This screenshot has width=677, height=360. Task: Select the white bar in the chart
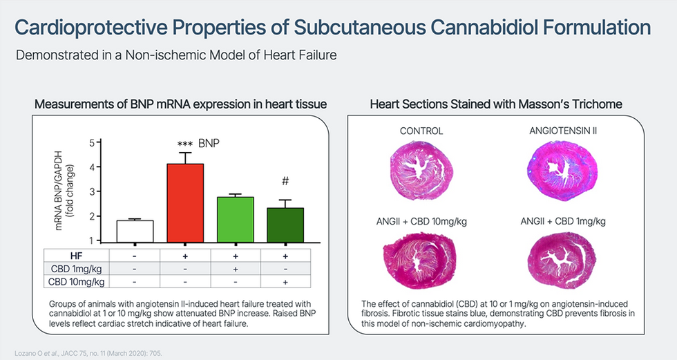point(135,231)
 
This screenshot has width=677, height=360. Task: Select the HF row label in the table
point(76,255)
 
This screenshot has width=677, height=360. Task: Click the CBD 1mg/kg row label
point(76,268)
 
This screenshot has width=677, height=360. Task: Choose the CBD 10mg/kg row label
point(76,281)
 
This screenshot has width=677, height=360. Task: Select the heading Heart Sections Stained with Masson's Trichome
point(496,104)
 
